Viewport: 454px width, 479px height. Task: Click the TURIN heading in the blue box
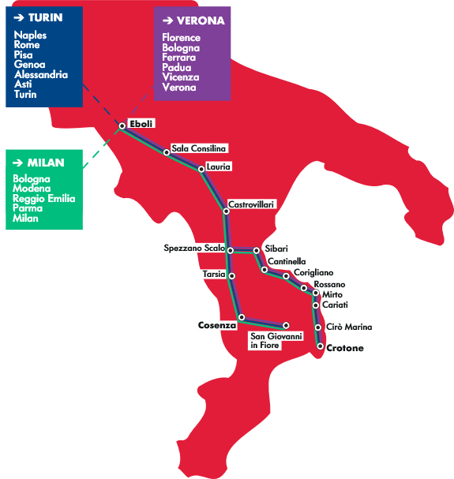[x=46, y=17]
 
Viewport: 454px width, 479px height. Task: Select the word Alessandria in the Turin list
[x=41, y=74]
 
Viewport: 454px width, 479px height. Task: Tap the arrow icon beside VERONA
[x=168, y=21]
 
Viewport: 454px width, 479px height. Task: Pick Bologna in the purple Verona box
[x=181, y=48]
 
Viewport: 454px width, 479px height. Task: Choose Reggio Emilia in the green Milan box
[x=43, y=199]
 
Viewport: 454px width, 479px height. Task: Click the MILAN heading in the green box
[x=46, y=163]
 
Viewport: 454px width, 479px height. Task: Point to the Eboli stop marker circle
[x=122, y=125]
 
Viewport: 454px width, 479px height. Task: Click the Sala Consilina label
[x=198, y=148]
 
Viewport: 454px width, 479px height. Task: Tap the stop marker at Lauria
[x=201, y=169]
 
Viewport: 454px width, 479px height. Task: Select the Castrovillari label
[x=251, y=204]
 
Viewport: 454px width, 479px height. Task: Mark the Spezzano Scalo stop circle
[x=231, y=250]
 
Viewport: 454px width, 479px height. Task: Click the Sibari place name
[x=276, y=249]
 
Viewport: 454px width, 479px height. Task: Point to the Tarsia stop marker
[x=232, y=276]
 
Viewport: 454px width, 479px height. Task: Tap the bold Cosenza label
[x=217, y=325]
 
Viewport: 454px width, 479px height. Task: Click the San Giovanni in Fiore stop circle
[x=286, y=325]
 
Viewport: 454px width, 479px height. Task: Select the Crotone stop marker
[x=320, y=346]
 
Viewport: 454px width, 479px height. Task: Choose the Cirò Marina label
[x=349, y=327]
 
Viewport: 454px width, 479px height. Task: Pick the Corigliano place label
[x=313, y=272]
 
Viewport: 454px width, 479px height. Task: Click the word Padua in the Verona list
[x=177, y=68]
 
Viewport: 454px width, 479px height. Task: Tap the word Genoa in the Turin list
[x=30, y=65]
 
